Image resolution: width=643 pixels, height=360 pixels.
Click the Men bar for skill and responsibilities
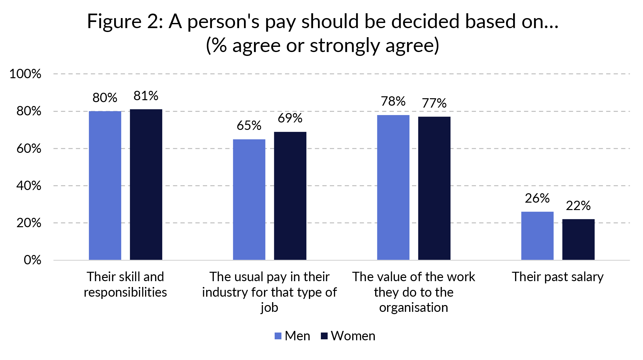pos(105,185)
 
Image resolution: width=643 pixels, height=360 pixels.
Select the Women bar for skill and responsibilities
pos(146,185)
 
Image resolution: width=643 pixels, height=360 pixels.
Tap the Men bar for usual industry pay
pos(249,199)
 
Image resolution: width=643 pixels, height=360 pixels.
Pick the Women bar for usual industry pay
pos(290,196)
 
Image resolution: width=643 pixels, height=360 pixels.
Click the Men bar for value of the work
pos(393,187)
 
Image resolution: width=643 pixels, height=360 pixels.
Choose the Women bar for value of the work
pos(434,188)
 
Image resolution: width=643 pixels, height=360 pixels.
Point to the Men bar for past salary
pos(537,236)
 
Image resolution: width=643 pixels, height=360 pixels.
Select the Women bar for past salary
pos(578,239)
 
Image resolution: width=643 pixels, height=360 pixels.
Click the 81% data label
pos(146,96)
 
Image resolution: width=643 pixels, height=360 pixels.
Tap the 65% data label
pos(249,126)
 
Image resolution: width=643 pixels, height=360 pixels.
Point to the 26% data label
pos(537,198)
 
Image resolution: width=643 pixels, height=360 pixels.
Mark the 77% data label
pos(434,103)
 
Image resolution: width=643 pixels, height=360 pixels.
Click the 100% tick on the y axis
pos(26,74)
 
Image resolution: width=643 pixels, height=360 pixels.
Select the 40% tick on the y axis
pos(29,186)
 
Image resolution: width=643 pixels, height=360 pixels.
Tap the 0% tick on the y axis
pos(32,260)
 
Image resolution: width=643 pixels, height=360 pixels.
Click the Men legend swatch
pos(278,336)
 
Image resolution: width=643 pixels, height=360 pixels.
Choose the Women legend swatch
pos(324,336)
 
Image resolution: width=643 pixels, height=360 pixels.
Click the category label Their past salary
pos(558,277)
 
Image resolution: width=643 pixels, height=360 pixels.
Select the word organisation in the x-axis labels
pos(414,308)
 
